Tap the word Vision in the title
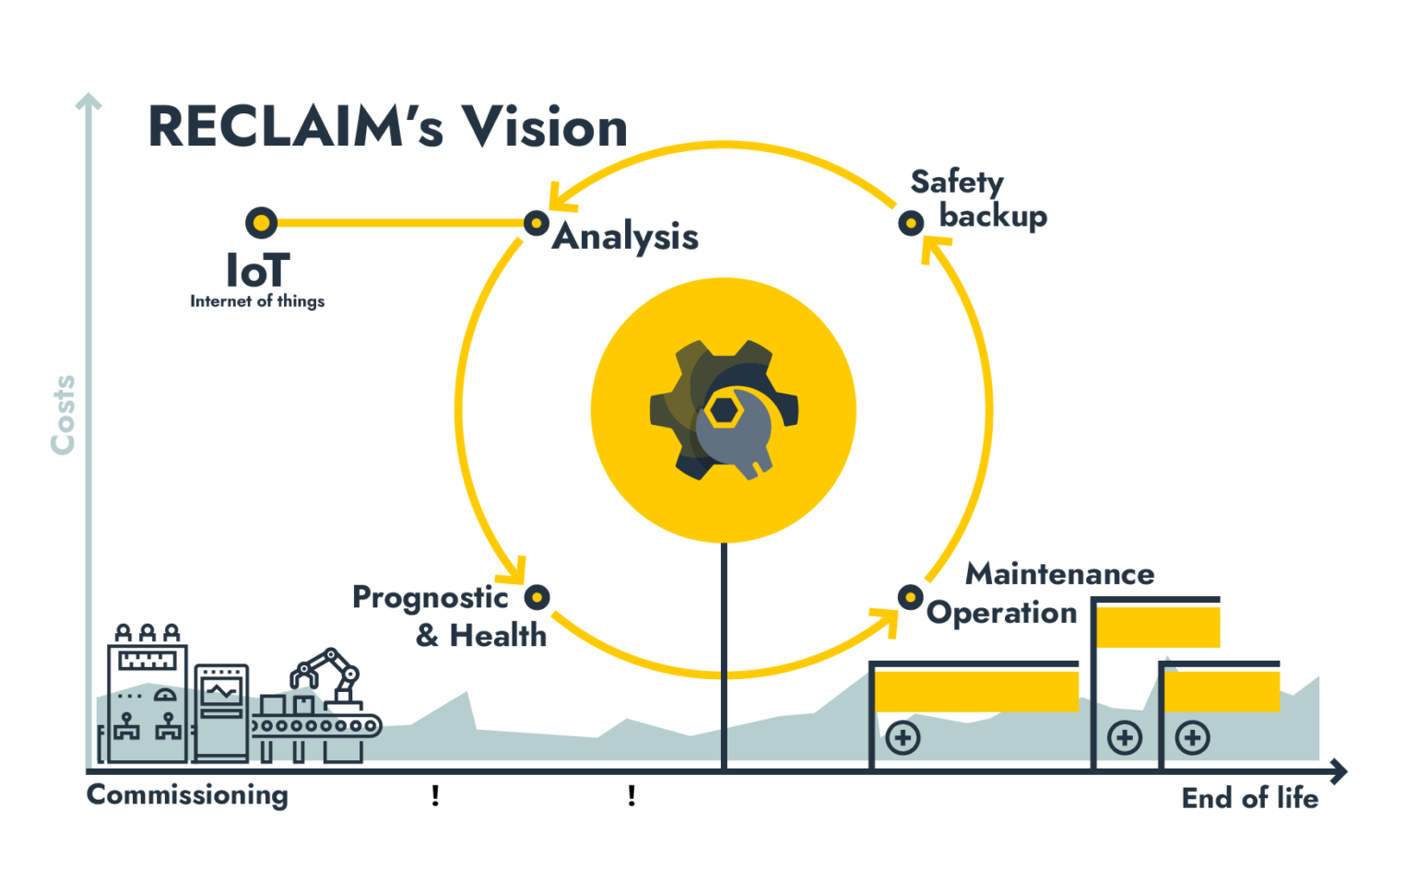(x=544, y=127)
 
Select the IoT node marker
(x=261, y=223)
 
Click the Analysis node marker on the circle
(x=536, y=223)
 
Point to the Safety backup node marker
(x=910, y=223)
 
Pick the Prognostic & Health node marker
(x=537, y=597)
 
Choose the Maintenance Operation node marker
(x=910, y=597)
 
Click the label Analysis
(x=625, y=238)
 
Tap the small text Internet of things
(x=257, y=301)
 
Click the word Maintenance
(x=1059, y=574)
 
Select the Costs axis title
(x=63, y=414)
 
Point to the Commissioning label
(x=187, y=795)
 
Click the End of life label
(x=1249, y=798)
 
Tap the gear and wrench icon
(x=724, y=409)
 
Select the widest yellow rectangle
(x=976, y=690)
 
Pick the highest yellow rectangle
(x=1158, y=627)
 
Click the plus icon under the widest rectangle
(x=903, y=738)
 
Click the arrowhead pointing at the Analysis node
(x=554, y=197)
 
